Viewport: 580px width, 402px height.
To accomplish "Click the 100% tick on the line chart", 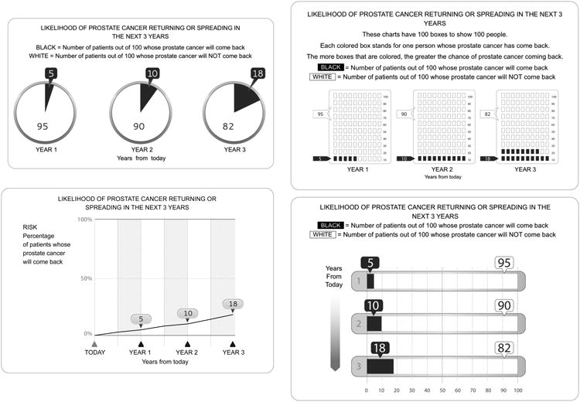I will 86,220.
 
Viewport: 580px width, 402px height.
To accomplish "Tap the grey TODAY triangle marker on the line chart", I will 94,344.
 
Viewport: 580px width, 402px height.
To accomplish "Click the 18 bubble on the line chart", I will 234,304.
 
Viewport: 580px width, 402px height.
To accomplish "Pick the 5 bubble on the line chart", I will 141,319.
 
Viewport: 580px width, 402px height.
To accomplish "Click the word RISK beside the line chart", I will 32,227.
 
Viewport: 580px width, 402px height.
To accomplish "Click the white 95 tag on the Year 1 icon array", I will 318,113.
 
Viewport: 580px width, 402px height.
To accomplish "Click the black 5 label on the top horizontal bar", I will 370,263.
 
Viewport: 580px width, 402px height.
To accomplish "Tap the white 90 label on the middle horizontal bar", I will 504,306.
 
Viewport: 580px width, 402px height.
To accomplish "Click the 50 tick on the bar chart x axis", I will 442,389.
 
